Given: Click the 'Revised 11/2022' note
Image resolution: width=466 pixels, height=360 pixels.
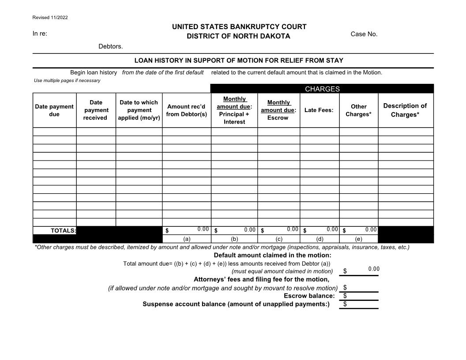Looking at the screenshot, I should [50, 18].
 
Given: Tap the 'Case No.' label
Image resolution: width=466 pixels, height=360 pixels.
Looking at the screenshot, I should [364, 34].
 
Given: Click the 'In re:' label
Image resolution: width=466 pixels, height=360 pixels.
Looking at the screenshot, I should [40, 34].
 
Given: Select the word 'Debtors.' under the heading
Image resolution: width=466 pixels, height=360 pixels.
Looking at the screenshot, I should [110, 46].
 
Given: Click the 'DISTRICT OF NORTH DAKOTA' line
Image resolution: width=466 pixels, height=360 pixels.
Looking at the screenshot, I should [238, 36].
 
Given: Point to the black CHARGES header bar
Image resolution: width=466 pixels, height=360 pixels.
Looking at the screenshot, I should [322, 89].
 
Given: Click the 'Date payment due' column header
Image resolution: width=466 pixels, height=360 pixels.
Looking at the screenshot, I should [54, 110].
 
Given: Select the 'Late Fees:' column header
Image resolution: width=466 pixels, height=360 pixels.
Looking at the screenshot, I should [319, 110].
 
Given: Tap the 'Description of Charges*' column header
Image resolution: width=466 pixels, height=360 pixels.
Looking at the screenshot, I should [405, 110].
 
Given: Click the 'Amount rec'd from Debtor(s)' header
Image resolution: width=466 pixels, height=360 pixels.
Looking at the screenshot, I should [186, 110].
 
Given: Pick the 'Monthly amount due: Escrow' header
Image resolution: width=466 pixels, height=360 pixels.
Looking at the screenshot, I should [278, 110].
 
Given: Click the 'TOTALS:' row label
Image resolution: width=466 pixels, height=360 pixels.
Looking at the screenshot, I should [63, 231].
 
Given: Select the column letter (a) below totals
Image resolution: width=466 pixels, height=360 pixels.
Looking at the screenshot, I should [187, 239].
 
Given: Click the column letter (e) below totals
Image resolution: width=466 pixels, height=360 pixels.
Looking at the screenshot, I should [358, 239].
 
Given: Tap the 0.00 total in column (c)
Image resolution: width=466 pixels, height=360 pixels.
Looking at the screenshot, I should [292, 229].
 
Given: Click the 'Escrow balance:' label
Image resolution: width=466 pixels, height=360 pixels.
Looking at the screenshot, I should [309, 296].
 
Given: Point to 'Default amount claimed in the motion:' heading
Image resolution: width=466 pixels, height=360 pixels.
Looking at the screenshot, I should [272, 255].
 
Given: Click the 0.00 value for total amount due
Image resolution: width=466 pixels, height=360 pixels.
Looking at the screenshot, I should [373, 269].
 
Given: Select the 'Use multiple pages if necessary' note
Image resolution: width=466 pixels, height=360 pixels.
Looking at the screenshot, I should [67, 80].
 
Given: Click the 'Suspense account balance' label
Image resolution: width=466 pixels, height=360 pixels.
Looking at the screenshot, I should [236, 304].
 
